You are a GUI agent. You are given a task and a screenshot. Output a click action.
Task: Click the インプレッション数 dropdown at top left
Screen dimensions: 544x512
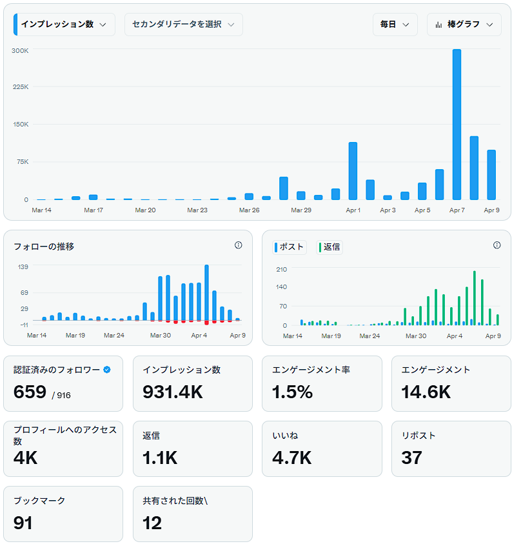coord(64,25)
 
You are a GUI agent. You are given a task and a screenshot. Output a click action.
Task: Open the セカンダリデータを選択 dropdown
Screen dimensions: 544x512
coord(183,25)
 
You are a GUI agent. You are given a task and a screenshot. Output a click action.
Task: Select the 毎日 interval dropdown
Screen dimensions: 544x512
coord(395,25)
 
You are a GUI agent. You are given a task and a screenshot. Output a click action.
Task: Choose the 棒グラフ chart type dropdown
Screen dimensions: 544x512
coord(464,25)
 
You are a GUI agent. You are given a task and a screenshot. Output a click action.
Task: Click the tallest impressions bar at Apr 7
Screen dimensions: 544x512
coord(457,125)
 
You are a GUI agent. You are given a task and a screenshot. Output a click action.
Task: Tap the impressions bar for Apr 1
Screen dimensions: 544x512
coord(353,171)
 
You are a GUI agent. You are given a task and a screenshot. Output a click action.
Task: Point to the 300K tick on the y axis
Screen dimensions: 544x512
coord(20,50)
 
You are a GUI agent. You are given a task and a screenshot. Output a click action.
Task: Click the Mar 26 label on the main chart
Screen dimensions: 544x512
coord(249,210)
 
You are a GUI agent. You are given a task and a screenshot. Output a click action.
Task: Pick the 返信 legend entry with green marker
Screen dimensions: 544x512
coord(330,247)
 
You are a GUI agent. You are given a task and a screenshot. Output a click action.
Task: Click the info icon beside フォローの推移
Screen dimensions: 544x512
coord(238,245)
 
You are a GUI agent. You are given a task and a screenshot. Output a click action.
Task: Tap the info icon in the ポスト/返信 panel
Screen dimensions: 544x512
coord(497,245)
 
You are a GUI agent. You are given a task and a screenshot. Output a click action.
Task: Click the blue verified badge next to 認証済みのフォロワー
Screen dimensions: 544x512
coord(107,370)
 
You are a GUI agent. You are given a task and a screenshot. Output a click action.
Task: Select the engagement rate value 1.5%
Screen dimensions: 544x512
coord(292,392)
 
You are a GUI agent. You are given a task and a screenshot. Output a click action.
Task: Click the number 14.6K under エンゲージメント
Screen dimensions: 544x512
coord(426,392)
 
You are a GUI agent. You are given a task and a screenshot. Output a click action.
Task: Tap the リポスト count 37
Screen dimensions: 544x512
coord(411,458)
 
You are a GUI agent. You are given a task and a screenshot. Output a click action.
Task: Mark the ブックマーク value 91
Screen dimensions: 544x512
coord(23,522)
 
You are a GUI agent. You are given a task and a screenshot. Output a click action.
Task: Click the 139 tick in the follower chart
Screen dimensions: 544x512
coord(23,267)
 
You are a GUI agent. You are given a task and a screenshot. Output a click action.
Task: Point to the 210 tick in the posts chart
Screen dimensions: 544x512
coord(281,268)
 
